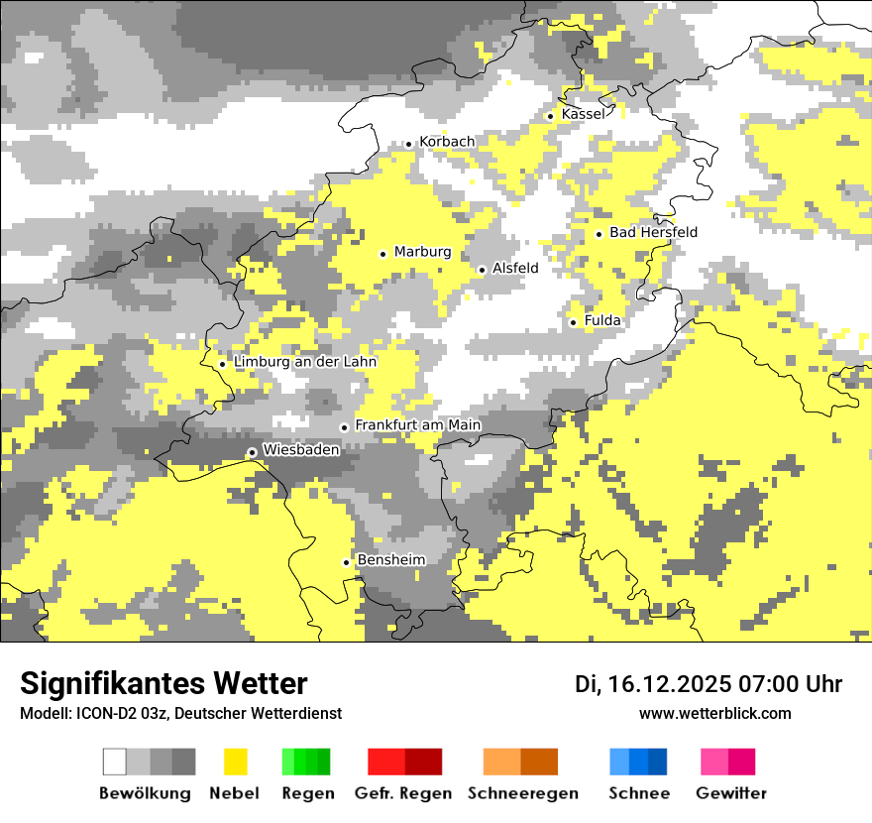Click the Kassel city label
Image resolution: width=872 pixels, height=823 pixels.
pos(583,114)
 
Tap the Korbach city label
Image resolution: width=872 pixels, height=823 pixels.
pos(447,142)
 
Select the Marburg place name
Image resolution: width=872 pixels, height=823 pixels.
pos(422,252)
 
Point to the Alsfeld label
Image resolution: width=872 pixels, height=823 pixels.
pos(515,268)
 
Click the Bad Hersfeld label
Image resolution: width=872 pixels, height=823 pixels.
pos(653,232)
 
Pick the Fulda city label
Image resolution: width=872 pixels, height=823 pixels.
pos(602,320)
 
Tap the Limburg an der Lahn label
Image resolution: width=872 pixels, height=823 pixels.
pos(305,362)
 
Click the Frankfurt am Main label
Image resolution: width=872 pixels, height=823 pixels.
pos(417,424)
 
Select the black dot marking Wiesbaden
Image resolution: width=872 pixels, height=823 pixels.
pos(253,452)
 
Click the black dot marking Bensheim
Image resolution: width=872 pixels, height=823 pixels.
pos(347,562)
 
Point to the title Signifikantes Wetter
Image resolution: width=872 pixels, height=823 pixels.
pos(163,683)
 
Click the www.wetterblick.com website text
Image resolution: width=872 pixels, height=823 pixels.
pos(714,713)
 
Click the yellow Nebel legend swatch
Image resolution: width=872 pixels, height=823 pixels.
pos(235,762)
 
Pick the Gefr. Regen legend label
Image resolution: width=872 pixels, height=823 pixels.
pos(403,793)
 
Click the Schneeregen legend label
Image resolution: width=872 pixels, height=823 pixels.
pos(523,793)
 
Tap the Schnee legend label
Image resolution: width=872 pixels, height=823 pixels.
pos(639,793)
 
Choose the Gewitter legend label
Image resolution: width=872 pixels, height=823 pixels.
pos(731,793)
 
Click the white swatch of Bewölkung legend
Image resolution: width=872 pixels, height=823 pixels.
pos(115,762)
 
